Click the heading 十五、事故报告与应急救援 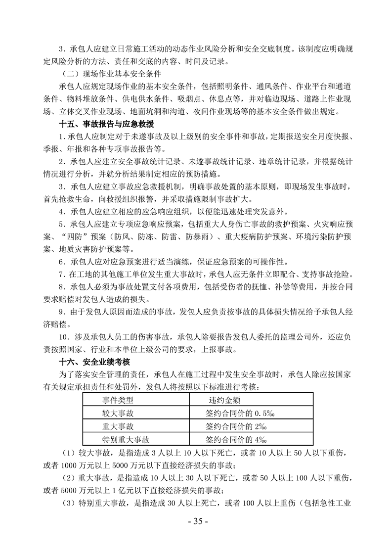[106, 123]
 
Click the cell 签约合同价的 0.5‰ [236, 412]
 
